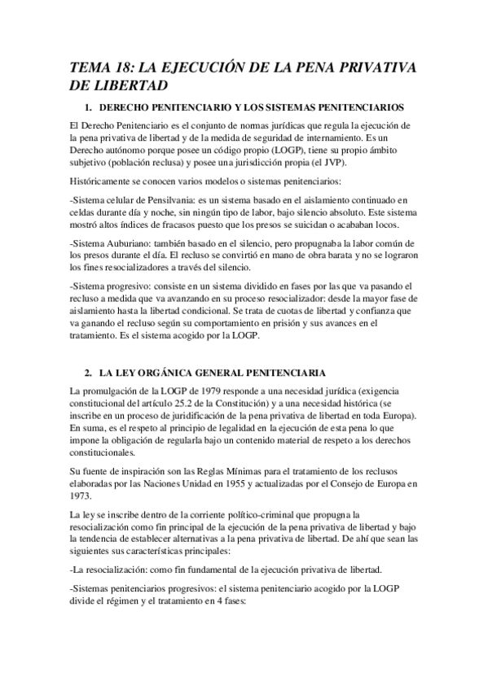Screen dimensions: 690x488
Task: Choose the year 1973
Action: tap(82, 496)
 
